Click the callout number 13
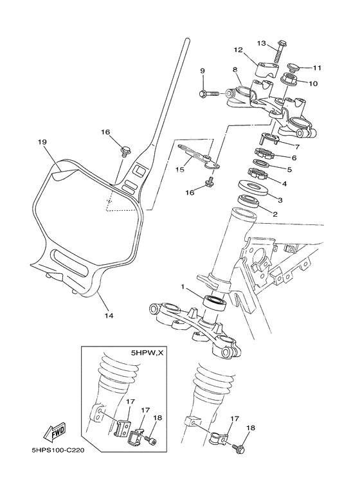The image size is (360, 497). [262, 44]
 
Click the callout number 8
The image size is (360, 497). [235, 70]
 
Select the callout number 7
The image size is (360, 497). [296, 147]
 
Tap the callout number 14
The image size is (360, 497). [109, 316]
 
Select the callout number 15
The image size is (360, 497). [181, 169]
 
